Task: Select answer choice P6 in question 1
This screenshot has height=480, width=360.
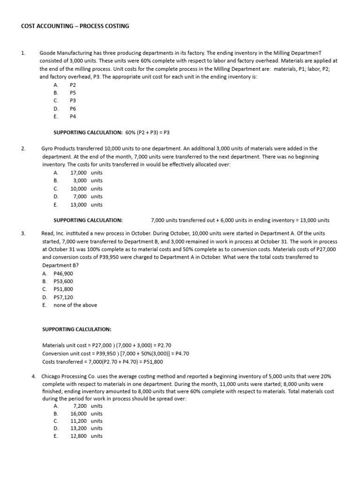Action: pos(73,108)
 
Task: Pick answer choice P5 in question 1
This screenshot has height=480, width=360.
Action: pos(73,93)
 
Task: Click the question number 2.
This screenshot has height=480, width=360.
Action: pos(23,149)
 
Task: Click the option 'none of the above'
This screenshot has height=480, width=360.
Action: pos(75,305)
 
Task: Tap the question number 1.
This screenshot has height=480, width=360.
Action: pos(23,53)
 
